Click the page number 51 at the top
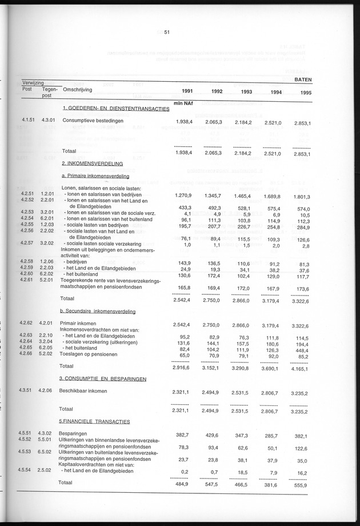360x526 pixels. pos(167,33)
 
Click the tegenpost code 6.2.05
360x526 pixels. pos(46,348)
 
